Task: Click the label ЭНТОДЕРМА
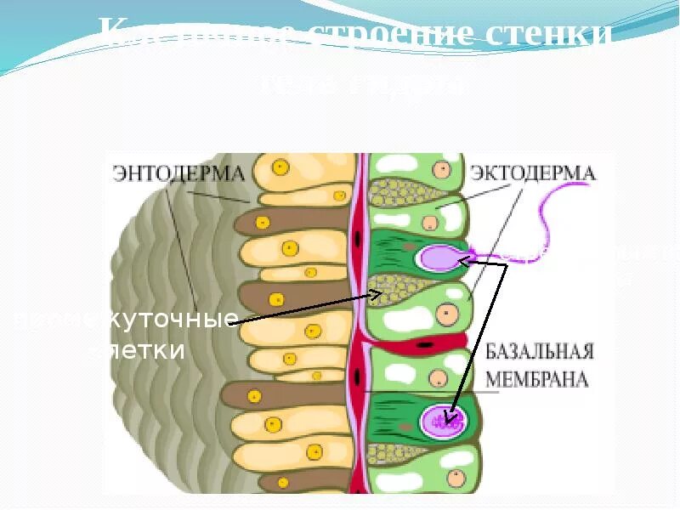178,173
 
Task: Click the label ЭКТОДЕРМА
533,174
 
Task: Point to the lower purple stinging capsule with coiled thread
443,418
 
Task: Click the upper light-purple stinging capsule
438,256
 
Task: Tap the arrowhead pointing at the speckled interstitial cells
377,295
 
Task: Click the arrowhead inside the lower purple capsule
452,416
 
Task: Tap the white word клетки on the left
136,350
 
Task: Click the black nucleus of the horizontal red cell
424,346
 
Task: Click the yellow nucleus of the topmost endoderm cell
280,167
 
